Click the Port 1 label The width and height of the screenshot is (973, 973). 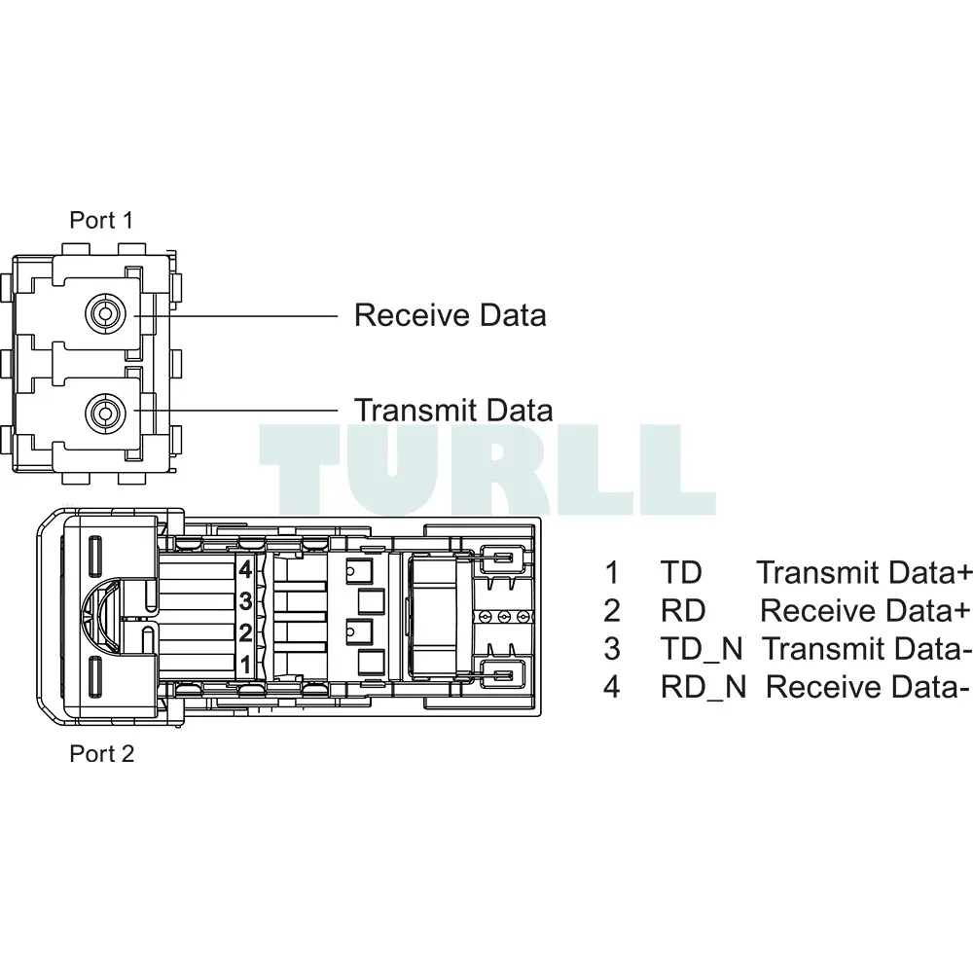[101, 220]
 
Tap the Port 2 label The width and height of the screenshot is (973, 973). [102, 753]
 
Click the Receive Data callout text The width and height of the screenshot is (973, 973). [450, 314]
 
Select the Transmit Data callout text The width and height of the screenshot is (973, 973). [453, 411]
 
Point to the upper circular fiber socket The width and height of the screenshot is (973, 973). [105, 314]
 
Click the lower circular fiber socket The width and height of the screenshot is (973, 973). [105, 412]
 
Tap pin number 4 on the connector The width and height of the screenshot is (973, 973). [245, 569]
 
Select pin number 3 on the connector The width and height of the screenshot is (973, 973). [245, 600]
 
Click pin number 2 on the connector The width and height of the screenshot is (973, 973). [245, 633]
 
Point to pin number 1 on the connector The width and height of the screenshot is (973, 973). [245, 665]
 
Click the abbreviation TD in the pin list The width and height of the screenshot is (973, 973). [681, 572]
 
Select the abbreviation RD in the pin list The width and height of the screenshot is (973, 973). [683, 611]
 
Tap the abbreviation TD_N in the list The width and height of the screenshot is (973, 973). [702, 649]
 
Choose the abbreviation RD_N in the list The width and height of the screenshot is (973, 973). [703, 687]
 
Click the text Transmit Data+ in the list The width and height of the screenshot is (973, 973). [864, 572]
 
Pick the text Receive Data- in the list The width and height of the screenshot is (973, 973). [867, 687]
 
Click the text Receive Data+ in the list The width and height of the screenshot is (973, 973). [865, 611]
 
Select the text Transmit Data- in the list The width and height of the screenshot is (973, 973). [866, 649]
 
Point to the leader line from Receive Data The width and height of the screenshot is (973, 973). [235, 316]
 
